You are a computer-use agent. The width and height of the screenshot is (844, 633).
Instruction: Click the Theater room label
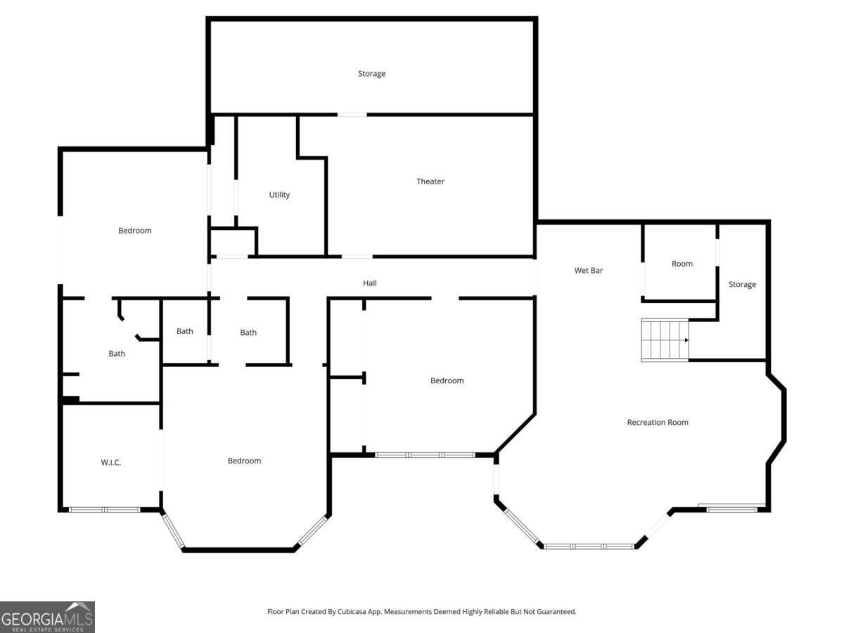point(430,181)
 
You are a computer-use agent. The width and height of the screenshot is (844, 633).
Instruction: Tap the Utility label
point(279,195)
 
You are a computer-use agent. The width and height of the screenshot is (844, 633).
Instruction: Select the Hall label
point(370,283)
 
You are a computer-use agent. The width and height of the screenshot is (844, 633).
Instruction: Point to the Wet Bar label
point(588,270)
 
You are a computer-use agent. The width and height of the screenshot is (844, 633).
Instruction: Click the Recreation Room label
point(658,423)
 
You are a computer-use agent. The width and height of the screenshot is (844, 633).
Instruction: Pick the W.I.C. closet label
point(111,462)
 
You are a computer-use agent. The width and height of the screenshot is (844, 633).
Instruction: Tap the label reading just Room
point(682,264)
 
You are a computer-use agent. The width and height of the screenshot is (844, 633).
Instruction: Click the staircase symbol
point(664,340)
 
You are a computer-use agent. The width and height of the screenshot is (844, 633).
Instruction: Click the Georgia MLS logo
point(47,617)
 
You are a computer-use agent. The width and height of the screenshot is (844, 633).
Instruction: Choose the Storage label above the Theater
point(371,74)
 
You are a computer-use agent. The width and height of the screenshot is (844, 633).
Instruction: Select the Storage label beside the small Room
point(742,285)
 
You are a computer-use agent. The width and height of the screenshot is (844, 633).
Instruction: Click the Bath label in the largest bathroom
point(117,354)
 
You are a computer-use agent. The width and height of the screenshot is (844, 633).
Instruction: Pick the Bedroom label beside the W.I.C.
point(244,461)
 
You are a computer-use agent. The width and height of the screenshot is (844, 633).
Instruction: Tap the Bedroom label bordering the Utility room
point(134,231)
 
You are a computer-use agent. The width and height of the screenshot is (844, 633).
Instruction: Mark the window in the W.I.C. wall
point(104,509)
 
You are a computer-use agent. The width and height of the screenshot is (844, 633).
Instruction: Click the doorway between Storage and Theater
point(352,114)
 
